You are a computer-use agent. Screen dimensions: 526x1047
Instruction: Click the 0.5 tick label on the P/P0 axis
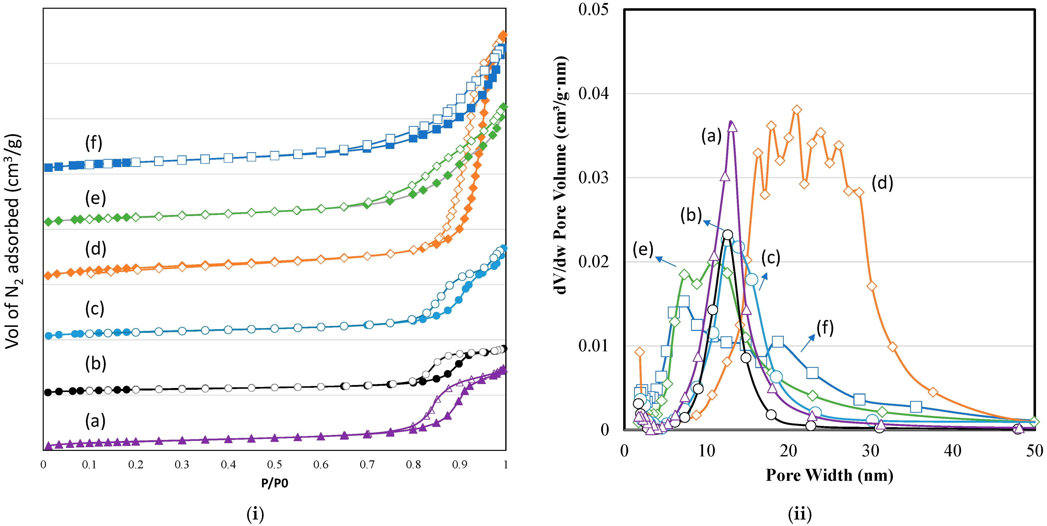pos(274,465)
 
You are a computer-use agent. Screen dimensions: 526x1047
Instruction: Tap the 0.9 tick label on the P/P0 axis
pos(460,465)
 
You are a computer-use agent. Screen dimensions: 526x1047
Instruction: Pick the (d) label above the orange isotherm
pos(95,248)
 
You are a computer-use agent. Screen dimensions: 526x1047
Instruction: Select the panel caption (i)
pos(255,514)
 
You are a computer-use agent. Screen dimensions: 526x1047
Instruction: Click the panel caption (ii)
pos(799,514)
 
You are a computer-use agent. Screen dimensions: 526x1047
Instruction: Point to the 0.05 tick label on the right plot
pos(593,9)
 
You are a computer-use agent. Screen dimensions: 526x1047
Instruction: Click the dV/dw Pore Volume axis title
pos(561,175)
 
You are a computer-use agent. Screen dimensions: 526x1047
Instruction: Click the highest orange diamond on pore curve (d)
pos(797,110)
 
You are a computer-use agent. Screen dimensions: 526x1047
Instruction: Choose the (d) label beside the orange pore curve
pos(882,183)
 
